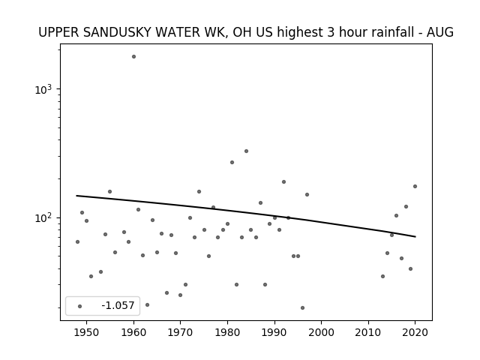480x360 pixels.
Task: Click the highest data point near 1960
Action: (x=133, y=57)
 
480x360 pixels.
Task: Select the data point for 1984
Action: (x=247, y=151)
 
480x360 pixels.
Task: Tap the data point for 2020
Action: (x=415, y=187)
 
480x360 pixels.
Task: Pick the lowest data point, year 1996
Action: (x=302, y=308)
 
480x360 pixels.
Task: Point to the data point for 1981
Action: (x=232, y=163)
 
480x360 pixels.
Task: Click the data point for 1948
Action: (x=77, y=241)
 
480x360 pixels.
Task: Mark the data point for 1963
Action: (x=147, y=305)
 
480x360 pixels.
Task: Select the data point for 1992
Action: (x=283, y=181)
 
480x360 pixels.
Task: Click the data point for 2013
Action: (x=382, y=277)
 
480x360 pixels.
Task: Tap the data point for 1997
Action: (x=307, y=195)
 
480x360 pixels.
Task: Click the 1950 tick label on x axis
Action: (x=87, y=332)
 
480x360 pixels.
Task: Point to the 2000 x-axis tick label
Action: (x=322, y=332)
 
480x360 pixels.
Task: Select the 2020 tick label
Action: (x=415, y=332)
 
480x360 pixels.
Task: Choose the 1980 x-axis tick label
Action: (x=227, y=332)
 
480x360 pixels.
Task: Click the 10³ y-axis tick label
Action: (x=43, y=90)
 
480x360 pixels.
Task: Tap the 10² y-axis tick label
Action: (x=43, y=218)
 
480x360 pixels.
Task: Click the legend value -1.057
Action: (x=118, y=305)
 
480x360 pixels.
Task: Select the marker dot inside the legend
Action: (x=80, y=307)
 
